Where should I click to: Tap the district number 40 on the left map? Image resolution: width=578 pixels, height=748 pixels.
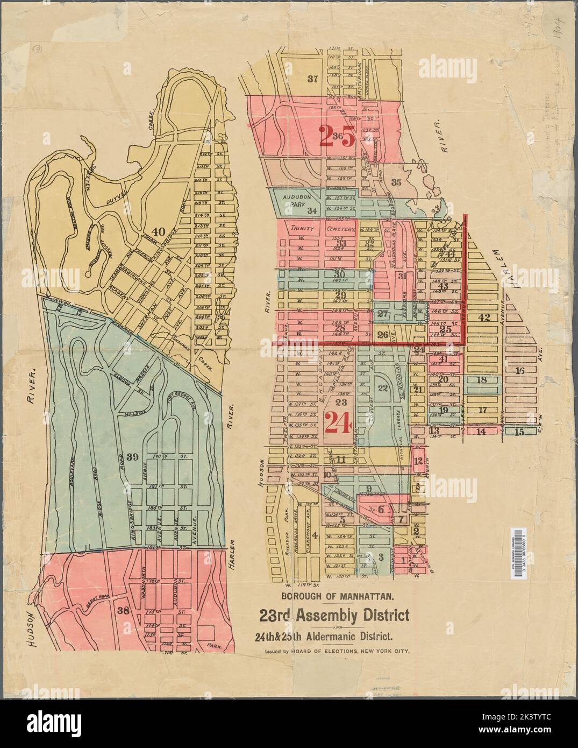click(158, 232)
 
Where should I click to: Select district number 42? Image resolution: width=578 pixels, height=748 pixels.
click(484, 317)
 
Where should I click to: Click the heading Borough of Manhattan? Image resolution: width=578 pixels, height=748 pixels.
click(338, 596)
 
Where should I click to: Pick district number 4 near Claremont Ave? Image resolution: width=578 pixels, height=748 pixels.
click(315, 535)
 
